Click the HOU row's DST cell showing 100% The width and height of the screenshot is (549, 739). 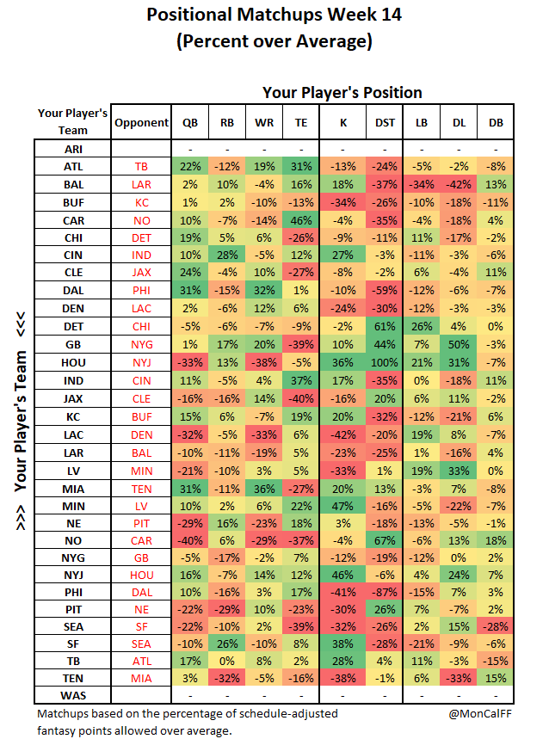click(385, 362)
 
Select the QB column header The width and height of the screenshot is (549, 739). click(190, 122)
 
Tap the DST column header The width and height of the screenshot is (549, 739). click(385, 122)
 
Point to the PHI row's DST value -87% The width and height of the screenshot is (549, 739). click(385, 592)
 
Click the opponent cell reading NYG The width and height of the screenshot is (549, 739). click(141, 344)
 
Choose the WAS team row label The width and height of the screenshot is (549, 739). click(73, 696)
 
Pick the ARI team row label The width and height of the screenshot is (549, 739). click(73, 149)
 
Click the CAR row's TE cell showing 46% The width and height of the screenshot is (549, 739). click(301, 220)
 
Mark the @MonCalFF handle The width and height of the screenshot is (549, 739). click(480, 713)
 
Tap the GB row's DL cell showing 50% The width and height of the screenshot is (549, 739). click(459, 344)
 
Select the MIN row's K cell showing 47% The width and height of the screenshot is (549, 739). click(342, 506)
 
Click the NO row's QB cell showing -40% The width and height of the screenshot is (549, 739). click(190, 540)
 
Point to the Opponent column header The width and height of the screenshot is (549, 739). click(141, 122)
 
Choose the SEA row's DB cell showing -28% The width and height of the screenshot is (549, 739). click(496, 626)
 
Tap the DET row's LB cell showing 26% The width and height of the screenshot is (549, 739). click(422, 327)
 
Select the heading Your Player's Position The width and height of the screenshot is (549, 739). click(342, 92)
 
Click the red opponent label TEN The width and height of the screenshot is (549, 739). click(141, 490)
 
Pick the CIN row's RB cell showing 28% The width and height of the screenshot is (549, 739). click(226, 255)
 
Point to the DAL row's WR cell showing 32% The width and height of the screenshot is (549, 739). click(264, 290)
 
